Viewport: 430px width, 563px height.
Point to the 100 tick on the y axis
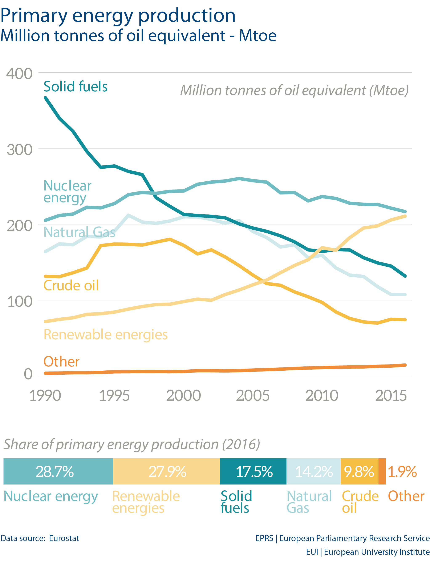(x=20, y=301)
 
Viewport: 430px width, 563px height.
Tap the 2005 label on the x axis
(x=253, y=395)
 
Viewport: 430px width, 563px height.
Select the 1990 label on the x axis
(x=45, y=395)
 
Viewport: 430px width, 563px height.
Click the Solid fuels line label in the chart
(x=76, y=87)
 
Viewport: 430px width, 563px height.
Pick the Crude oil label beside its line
(x=71, y=285)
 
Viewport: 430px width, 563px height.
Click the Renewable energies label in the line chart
(x=105, y=334)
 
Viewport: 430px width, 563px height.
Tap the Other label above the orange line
(x=61, y=362)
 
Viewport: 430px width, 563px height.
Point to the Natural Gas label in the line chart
(x=79, y=232)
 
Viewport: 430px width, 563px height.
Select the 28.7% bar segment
(x=58, y=471)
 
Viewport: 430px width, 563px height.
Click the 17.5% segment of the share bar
(x=253, y=471)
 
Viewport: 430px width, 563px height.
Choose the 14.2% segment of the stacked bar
(x=313, y=471)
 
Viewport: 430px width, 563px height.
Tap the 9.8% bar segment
(x=359, y=471)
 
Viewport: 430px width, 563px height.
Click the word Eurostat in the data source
(x=64, y=538)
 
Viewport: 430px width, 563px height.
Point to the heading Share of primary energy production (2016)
(x=131, y=444)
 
